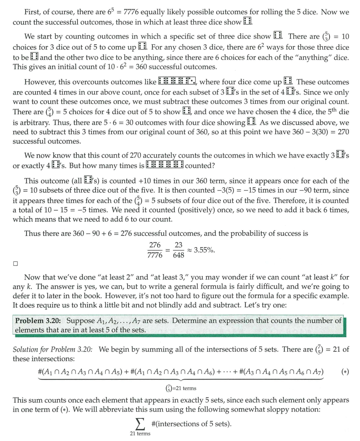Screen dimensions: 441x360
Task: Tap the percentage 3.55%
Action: coord(204,250)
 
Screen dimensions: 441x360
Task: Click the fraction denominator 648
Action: coord(178,255)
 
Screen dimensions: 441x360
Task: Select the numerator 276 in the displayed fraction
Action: coord(155,245)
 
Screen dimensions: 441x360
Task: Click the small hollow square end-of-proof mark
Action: coord(15,263)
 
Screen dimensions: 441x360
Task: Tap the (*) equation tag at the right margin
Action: coord(345,372)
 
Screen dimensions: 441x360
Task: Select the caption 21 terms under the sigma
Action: coord(140,434)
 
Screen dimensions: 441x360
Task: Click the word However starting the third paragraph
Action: coord(40,82)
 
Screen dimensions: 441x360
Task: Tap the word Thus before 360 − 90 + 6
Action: coord(32,233)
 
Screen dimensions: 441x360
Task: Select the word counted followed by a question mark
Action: coord(198,166)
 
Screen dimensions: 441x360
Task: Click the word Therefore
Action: coord(289,200)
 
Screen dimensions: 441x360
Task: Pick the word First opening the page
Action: coord(33,12)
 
